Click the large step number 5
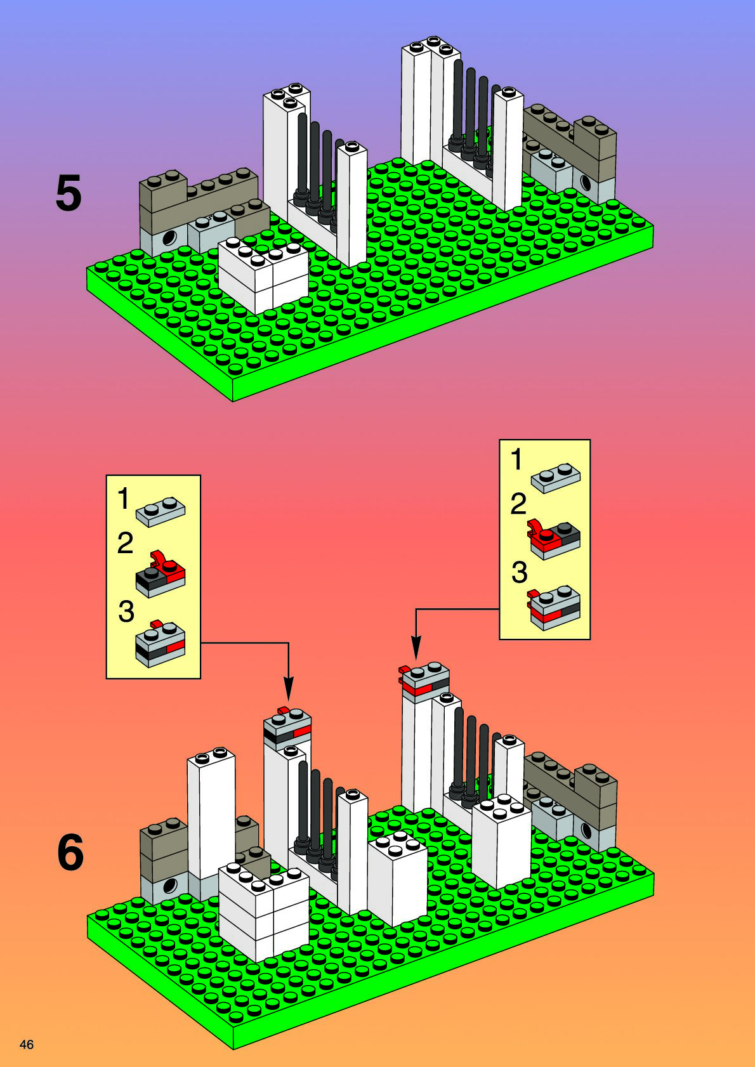pos(69,193)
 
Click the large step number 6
pos(70,853)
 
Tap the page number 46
pos(27,1044)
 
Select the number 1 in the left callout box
pos(123,499)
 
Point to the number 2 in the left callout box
pos(125,544)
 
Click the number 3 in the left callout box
pos(126,611)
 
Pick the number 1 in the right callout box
pos(517,459)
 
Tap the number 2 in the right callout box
pos(518,504)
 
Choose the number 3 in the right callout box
pos(519,572)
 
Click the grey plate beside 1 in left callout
pos(161,511)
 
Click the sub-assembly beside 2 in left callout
pos(161,574)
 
